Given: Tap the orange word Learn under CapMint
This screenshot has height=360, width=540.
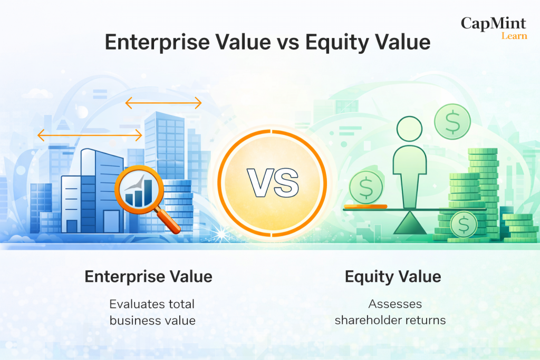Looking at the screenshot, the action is pyautogui.click(x=514, y=36).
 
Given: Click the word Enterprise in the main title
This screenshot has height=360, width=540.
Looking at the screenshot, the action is pyautogui.click(x=157, y=43).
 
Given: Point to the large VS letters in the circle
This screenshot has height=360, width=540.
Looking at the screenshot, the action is pyautogui.click(x=273, y=183).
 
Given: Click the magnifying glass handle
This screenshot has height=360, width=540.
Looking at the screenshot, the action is pyautogui.click(x=168, y=221).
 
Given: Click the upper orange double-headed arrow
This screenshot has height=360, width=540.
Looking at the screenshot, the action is pyautogui.click(x=163, y=103).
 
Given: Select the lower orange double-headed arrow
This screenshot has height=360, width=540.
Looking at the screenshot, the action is pyautogui.click(x=90, y=135).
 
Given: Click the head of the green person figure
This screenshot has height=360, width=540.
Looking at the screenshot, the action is pyautogui.click(x=409, y=129).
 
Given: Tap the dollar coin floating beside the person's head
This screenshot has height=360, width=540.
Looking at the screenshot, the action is pyautogui.click(x=452, y=121).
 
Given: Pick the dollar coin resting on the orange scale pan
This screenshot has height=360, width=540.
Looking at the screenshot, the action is pyautogui.click(x=366, y=188).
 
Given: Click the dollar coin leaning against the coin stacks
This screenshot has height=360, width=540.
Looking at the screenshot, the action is pyautogui.click(x=464, y=224).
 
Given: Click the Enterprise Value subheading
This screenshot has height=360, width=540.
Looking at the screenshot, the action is pyautogui.click(x=148, y=277).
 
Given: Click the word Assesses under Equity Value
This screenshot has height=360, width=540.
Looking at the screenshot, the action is pyautogui.click(x=395, y=304).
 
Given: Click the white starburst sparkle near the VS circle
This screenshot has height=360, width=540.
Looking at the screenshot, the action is pyautogui.click(x=221, y=235).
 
